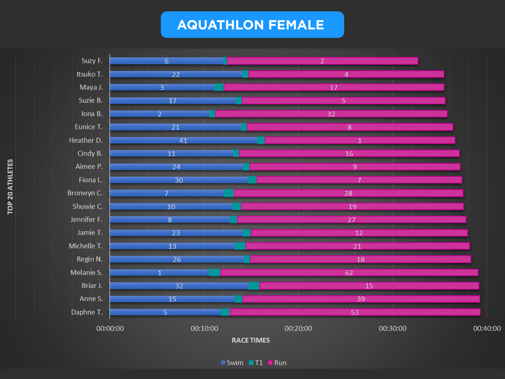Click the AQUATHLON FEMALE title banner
[252, 25]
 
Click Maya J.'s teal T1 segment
[219, 87]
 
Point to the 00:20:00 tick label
[298, 328]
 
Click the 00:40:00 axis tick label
[487, 328]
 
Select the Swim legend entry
[232, 363]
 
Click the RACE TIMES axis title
[251, 340]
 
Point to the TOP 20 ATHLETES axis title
[10, 186]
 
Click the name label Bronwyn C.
[85, 193]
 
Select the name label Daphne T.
[87, 312]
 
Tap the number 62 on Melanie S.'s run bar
[349, 273]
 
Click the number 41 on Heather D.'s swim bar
[183, 141]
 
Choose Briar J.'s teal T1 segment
[254, 286]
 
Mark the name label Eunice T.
[88, 127]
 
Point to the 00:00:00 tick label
[110, 328]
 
